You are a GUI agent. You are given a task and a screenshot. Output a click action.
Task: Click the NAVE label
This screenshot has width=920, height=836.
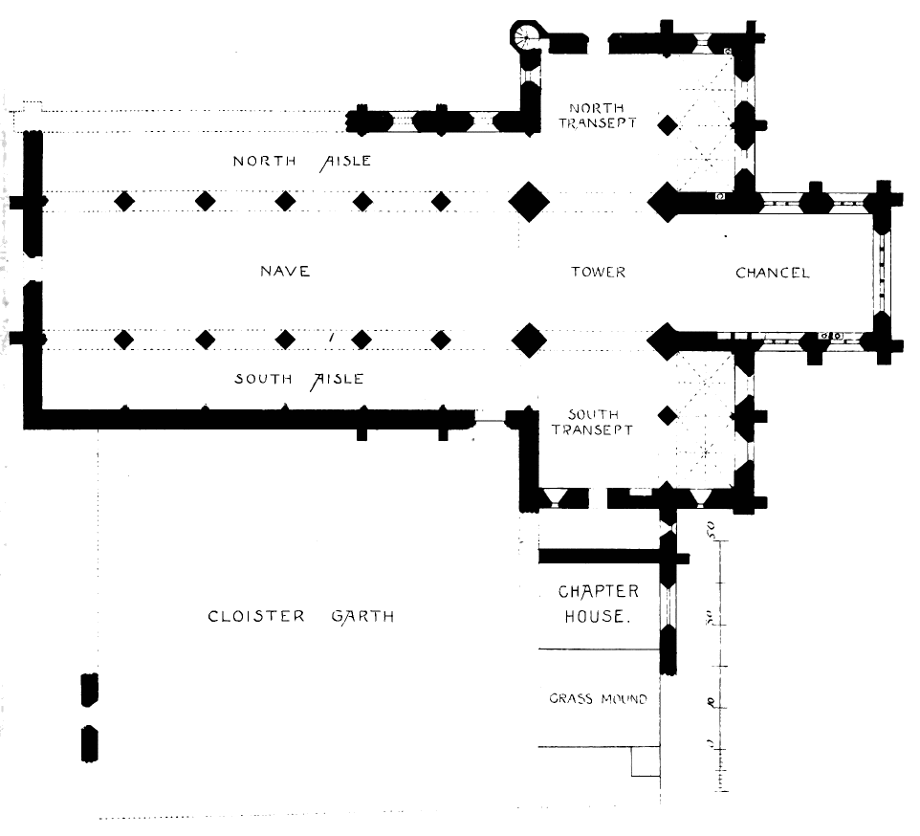click(285, 272)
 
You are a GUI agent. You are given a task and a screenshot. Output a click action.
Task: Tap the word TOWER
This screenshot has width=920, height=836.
click(598, 273)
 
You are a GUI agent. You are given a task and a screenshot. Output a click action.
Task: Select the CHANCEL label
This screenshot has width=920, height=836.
click(772, 273)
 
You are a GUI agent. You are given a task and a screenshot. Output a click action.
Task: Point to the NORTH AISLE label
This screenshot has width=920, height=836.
click(301, 162)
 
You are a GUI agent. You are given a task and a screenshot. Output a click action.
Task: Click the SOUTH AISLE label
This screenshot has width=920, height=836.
click(298, 379)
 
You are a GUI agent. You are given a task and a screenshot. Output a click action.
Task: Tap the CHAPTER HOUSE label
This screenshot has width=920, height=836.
click(598, 604)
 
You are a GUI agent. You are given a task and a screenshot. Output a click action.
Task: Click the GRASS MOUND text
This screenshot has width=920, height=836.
click(598, 699)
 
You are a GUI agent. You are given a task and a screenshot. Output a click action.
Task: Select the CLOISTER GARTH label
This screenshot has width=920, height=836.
click(300, 616)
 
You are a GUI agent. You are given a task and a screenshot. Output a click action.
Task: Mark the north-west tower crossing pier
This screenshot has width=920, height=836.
click(529, 202)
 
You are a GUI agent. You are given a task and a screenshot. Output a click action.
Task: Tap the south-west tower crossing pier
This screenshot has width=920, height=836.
click(529, 340)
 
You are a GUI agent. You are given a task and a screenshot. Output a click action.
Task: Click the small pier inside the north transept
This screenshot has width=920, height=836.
click(668, 123)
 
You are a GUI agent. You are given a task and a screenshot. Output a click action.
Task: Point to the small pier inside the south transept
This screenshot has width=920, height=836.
click(668, 414)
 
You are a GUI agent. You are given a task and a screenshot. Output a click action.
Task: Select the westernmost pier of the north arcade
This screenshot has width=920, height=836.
click(123, 202)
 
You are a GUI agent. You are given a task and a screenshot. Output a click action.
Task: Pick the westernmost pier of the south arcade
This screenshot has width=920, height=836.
click(123, 340)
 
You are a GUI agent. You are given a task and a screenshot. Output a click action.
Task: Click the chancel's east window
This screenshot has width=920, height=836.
click(879, 271)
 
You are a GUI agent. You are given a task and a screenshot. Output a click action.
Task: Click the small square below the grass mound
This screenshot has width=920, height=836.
click(646, 762)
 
